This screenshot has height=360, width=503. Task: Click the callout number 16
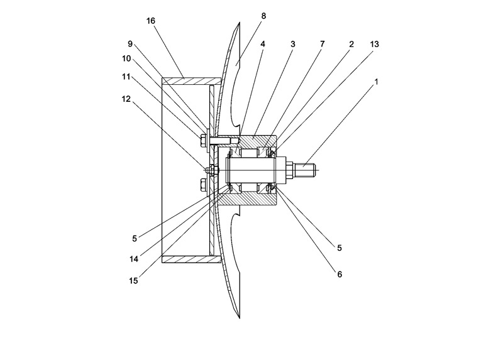151,21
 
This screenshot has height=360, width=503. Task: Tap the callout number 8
263,16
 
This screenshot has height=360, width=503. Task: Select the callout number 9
130,43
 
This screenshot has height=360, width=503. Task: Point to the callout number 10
126,58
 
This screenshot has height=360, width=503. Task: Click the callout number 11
126,77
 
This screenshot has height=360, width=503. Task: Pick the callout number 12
126,99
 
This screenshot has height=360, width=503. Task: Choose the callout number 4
263,44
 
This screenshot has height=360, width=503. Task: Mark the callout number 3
292,44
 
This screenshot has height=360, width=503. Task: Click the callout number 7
323,44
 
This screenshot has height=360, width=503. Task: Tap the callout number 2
351,44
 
